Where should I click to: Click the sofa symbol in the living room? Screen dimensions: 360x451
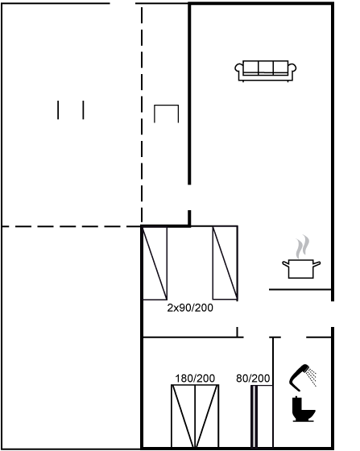(x=266, y=71)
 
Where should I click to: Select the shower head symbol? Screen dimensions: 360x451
(x=299, y=378)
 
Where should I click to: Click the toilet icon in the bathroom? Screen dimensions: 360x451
(x=304, y=409)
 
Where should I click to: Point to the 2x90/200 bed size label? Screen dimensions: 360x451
(x=190, y=308)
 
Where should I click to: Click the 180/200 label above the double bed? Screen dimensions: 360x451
(x=195, y=379)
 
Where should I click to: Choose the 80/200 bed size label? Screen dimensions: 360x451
(x=253, y=379)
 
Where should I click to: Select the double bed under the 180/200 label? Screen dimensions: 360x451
(x=195, y=416)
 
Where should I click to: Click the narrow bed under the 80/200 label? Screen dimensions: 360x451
(x=262, y=416)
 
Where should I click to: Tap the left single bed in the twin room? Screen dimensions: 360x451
(x=155, y=263)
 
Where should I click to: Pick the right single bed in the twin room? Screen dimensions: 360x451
(x=226, y=263)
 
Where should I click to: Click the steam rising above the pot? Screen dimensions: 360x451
(x=303, y=246)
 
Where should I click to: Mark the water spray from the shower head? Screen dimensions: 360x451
(x=311, y=377)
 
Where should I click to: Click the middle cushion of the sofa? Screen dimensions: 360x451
(x=266, y=68)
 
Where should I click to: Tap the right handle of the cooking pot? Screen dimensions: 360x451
(x=317, y=264)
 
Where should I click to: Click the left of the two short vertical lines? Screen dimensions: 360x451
(x=58, y=110)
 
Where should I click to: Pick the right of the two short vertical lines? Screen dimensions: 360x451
(x=84, y=110)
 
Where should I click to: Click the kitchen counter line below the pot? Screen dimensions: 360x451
(x=300, y=289)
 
